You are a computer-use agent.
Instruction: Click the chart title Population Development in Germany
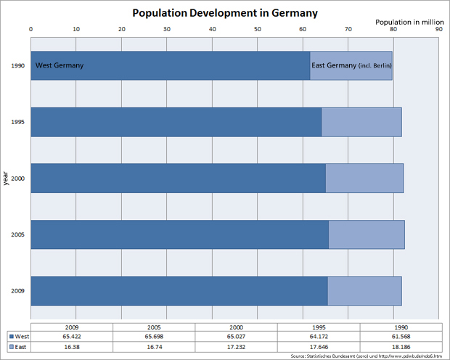click(224, 14)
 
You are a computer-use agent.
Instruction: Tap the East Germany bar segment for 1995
click(361, 122)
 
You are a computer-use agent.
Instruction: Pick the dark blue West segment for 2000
click(178, 178)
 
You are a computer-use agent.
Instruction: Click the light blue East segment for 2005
click(366, 234)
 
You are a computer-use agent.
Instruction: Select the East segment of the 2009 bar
click(364, 291)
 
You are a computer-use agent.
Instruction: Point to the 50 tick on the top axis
click(258, 30)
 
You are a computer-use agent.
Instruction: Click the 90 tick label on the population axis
click(438, 30)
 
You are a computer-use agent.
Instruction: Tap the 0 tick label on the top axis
click(30, 30)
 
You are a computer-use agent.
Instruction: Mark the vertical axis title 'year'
click(6, 178)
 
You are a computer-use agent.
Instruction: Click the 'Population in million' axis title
click(407, 22)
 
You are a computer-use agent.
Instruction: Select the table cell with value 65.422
click(71, 337)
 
